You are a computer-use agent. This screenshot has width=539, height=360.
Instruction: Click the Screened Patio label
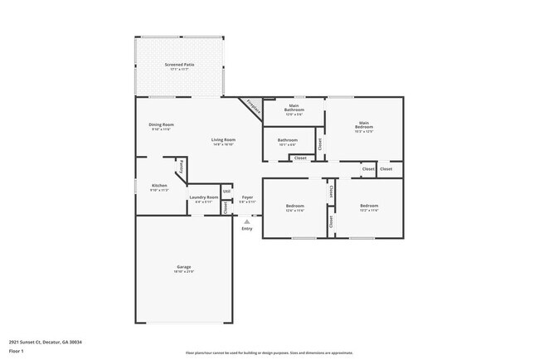[180, 64]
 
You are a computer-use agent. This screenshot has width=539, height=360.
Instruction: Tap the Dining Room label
[162, 124]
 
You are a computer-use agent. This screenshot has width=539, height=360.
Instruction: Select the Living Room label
[223, 139]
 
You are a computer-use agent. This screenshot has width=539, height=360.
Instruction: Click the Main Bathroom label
[294, 108]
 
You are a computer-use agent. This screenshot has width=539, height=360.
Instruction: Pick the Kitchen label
[159, 185]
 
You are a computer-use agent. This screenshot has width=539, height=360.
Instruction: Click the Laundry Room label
[203, 197]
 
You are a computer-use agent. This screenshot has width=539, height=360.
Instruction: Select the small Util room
[226, 192]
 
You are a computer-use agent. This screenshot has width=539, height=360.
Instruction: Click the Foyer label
[247, 197]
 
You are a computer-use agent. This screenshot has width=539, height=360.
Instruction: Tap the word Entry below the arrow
[247, 229]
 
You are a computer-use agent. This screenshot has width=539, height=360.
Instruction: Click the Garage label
[183, 266]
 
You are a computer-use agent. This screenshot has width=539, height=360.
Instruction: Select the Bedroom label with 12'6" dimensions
[295, 205]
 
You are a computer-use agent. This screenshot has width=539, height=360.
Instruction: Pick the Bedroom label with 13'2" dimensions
[369, 205]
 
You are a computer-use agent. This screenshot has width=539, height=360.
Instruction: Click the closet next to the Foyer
[226, 207]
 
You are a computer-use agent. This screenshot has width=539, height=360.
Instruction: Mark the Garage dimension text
[183, 272]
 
